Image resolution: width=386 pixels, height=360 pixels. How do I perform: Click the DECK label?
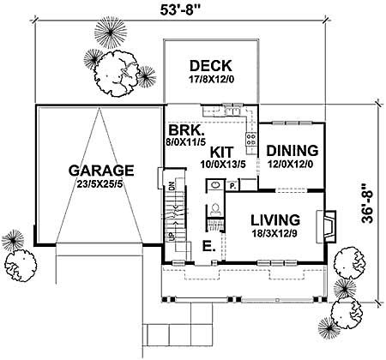point(208,66)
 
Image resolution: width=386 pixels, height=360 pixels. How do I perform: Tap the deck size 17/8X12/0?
point(208,81)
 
